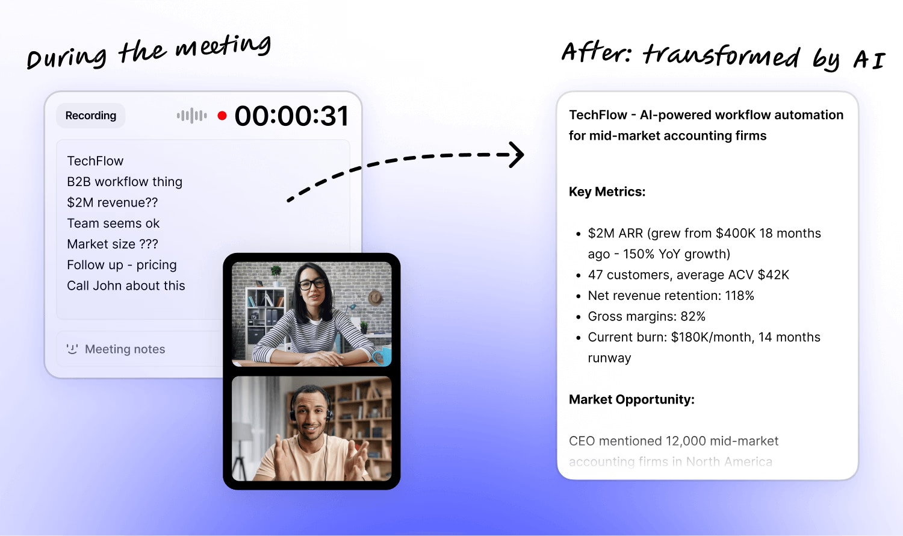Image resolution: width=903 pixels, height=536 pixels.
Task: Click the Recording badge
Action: [91, 116]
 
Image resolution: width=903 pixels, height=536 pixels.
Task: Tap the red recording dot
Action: [222, 116]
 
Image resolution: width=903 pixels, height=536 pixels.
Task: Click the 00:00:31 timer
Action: [291, 116]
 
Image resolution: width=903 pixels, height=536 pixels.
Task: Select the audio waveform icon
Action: [192, 116]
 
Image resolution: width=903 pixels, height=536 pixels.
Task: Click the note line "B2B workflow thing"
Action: [125, 182]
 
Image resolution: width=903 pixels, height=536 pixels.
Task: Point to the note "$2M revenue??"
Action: [113, 202]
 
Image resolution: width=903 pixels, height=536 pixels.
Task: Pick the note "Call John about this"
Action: [126, 285]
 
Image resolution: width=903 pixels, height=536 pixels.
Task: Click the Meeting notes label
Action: [125, 349]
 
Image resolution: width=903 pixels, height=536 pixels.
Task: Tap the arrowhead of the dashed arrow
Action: [517, 154]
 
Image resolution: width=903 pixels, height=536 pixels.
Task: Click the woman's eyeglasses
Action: [312, 284]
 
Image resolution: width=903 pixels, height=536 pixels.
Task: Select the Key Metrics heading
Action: [607, 192]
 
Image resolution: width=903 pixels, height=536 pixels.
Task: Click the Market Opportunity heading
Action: [631, 399]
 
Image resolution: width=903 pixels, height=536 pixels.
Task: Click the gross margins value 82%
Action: [693, 316]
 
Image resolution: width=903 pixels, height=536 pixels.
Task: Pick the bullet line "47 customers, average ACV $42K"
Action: [688, 275]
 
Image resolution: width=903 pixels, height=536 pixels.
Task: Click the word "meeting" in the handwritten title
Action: [223, 46]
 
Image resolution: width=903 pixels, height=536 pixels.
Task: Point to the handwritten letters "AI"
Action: [869, 60]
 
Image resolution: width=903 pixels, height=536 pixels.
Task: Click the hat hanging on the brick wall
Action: [376, 298]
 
